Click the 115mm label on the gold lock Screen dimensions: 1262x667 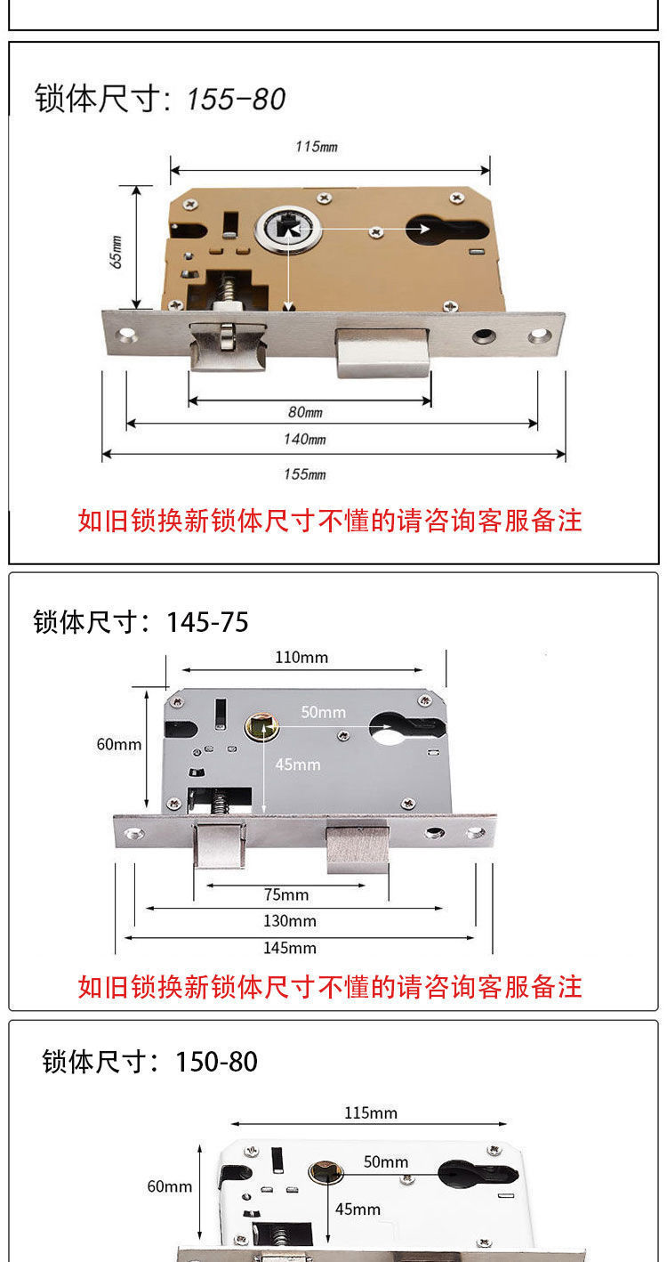click(317, 147)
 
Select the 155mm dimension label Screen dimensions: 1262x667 click(305, 474)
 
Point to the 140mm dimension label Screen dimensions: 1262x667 click(305, 439)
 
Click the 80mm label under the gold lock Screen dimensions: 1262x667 click(305, 412)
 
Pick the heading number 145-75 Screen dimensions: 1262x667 click(207, 622)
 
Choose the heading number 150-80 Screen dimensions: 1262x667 click(216, 1062)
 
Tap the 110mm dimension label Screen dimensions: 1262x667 click(301, 658)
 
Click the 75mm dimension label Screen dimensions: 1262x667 click(286, 894)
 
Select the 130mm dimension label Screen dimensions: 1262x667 click(290, 921)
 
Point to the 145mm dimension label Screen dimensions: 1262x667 click(290, 948)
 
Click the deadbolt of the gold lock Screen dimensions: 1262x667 click(382, 352)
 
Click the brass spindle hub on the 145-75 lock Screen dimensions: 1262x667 click(262, 727)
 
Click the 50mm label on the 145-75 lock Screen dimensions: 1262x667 click(323, 713)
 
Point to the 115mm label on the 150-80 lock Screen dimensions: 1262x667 click(371, 1113)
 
